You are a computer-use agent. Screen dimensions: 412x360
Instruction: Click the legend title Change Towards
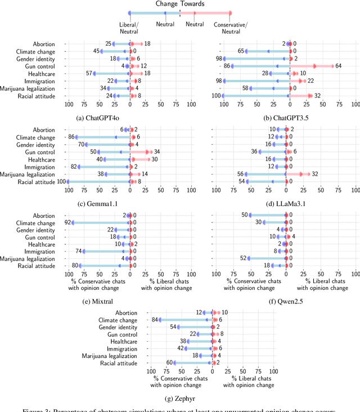click(x=180, y=4)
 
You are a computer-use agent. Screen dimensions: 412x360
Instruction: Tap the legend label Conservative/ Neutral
click(x=231, y=28)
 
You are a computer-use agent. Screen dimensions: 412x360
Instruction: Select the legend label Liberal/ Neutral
click(x=129, y=28)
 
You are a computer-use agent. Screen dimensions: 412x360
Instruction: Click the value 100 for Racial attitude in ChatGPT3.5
click(x=215, y=96)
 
